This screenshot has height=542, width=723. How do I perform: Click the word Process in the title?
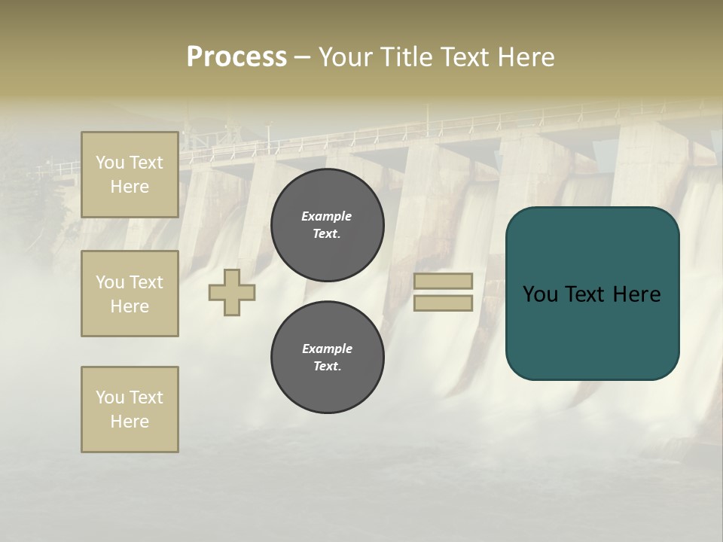point(236,57)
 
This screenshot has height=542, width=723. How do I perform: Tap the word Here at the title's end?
point(522,57)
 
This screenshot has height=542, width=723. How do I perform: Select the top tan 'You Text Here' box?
point(130,175)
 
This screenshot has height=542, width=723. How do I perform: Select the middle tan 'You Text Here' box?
point(130,294)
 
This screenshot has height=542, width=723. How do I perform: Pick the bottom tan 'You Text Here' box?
point(130,410)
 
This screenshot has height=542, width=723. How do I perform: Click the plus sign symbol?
point(232,292)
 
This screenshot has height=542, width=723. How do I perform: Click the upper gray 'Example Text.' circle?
point(328,225)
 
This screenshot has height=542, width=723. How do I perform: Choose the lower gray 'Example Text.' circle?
point(328,358)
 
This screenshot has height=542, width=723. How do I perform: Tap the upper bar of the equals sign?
point(443,281)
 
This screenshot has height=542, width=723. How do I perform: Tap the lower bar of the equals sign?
point(443,303)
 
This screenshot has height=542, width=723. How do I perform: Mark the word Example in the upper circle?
point(327,217)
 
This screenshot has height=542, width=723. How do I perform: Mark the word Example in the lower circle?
point(327,349)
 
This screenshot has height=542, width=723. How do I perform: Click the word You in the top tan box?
point(110,163)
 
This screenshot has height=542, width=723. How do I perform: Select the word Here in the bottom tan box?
point(130,422)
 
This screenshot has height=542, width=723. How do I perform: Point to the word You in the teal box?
point(541,294)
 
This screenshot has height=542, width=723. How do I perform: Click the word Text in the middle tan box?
point(145,282)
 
